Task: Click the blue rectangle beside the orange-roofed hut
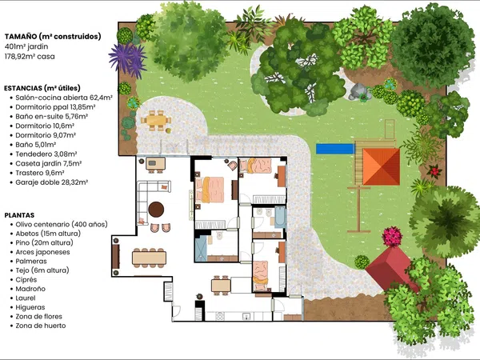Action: coord(335,149)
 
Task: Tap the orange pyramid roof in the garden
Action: coord(381,166)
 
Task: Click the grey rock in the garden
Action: coord(358,91)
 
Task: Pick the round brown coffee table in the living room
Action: coord(156,210)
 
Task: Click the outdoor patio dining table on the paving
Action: coord(156,120)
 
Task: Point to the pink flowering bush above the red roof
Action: coord(392,236)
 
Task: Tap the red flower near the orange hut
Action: coord(434,171)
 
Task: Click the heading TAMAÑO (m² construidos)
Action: coord(53,37)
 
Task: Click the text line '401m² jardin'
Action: coord(26,46)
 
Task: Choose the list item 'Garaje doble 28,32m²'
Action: coord(52,182)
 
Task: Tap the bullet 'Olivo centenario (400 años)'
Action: coord(62,224)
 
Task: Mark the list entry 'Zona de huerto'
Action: coord(41,326)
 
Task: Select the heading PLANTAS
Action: coord(19,215)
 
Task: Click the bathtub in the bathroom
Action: coord(280,218)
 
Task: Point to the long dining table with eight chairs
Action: coord(149,258)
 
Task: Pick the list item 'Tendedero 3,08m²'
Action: coord(46,154)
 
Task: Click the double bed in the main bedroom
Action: coord(210,190)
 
